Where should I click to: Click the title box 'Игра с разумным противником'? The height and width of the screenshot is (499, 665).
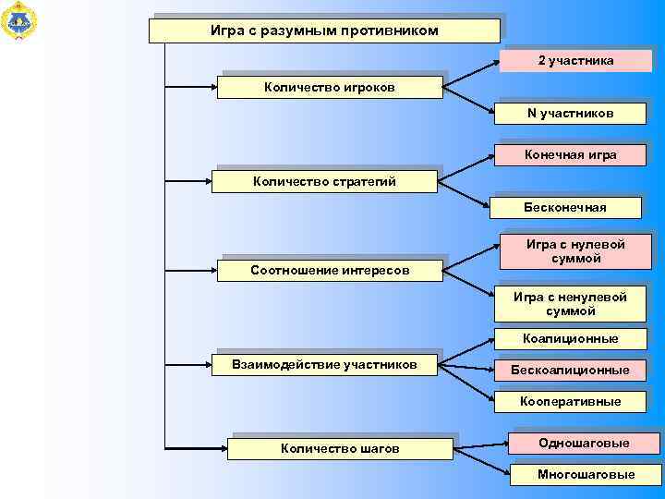coord(324,31)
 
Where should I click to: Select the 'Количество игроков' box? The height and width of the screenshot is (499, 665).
coord(330,88)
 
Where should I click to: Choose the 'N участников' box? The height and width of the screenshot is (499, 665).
coord(571,113)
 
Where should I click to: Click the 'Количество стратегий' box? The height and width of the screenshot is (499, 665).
coord(324,181)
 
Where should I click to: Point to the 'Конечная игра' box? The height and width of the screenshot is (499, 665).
coord(571,154)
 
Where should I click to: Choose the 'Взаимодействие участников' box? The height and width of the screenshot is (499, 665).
coord(324,364)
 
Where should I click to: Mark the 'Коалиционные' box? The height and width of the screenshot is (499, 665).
coord(570,339)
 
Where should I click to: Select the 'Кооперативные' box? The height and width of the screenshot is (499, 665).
coord(570,401)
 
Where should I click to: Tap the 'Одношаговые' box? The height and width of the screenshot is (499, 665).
coord(584,443)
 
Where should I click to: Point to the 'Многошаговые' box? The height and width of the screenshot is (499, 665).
coord(586,474)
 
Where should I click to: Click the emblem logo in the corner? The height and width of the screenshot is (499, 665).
coord(18,20)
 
